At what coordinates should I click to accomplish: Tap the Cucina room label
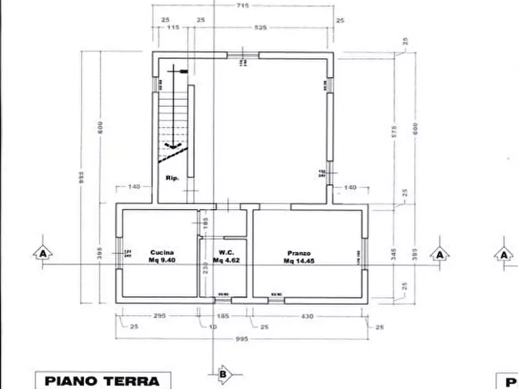162,253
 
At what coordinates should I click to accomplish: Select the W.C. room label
226,253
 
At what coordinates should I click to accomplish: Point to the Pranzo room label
299,253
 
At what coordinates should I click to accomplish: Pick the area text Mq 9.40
162,261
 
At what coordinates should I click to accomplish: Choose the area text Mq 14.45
299,261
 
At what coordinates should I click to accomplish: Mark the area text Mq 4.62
226,261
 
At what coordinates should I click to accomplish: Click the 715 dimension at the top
242,6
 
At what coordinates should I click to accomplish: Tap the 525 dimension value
260,27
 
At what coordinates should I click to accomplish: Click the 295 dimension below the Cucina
160,316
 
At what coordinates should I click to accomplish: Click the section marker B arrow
223,374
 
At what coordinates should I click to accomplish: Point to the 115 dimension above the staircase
173,27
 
